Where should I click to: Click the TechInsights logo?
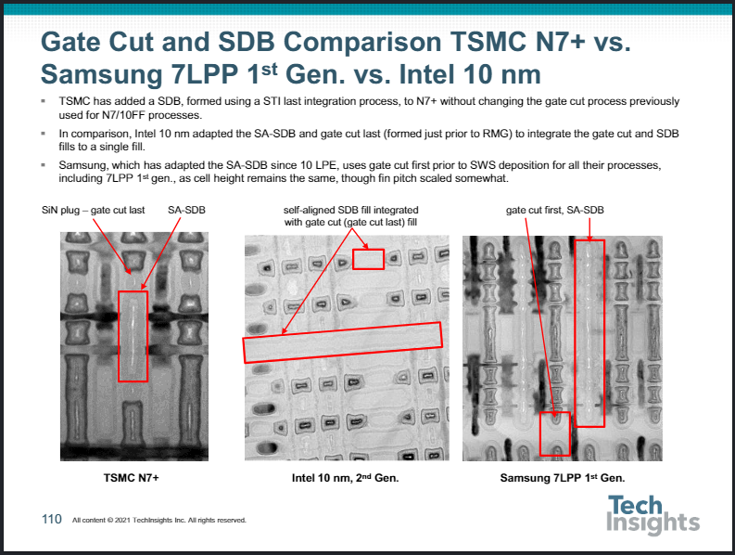(653, 514)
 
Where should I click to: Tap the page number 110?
(52, 519)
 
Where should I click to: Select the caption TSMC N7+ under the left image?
(132, 478)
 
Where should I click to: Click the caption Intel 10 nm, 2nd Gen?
(345, 478)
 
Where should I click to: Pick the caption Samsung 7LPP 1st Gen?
(563, 478)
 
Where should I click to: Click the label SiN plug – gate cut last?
(94, 210)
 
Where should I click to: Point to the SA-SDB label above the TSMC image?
(186, 210)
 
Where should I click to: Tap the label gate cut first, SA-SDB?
(555, 210)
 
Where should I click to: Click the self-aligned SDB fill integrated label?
(350, 210)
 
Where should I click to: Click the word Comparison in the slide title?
(362, 43)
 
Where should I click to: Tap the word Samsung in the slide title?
(102, 74)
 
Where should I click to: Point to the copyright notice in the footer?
(158, 520)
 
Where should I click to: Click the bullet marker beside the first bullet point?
(44, 101)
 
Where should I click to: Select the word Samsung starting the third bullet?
(82, 165)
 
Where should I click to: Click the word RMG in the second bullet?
(500, 134)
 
